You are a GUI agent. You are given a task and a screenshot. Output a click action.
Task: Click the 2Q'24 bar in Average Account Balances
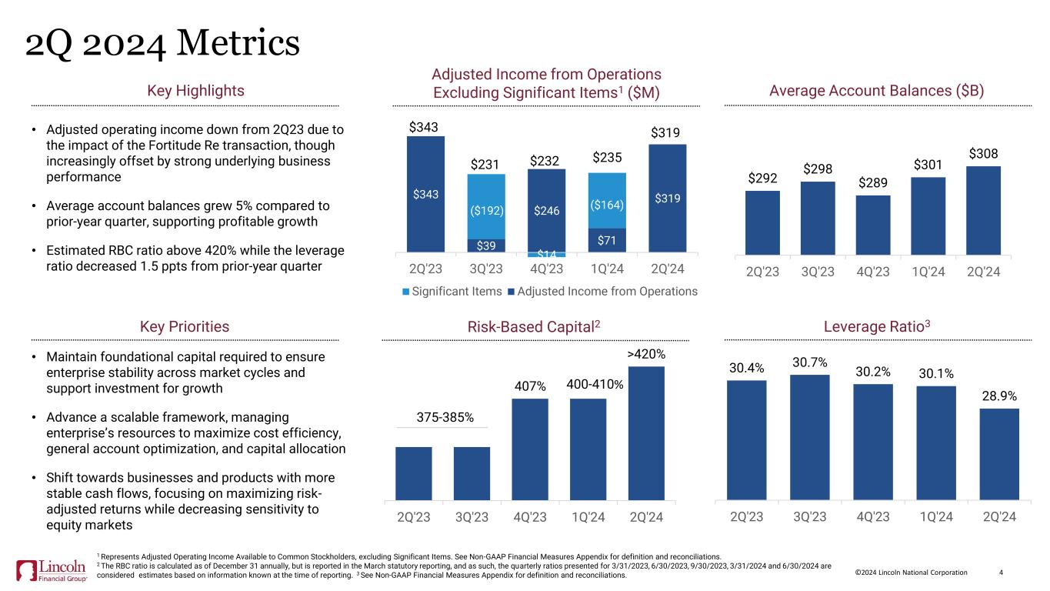(983, 209)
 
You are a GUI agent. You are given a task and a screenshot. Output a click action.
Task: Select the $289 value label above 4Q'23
(873, 183)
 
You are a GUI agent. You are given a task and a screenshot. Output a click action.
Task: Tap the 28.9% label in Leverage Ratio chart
(999, 396)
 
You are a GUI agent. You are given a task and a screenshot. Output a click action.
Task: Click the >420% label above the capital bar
(646, 354)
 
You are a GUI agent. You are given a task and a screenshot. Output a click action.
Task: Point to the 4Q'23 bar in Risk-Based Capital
(530, 448)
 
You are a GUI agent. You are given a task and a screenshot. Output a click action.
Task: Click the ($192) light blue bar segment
(486, 206)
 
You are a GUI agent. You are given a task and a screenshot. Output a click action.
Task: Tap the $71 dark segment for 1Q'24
(607, 240)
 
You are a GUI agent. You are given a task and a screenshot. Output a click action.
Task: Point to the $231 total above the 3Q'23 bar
(486, 163)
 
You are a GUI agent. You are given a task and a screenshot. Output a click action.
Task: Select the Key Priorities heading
(185, 326)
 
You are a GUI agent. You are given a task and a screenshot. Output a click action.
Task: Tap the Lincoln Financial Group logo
(52, 570)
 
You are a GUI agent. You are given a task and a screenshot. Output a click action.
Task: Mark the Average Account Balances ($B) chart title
(877, 91)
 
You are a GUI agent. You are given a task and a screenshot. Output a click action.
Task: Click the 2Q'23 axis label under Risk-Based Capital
(414, 516)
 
